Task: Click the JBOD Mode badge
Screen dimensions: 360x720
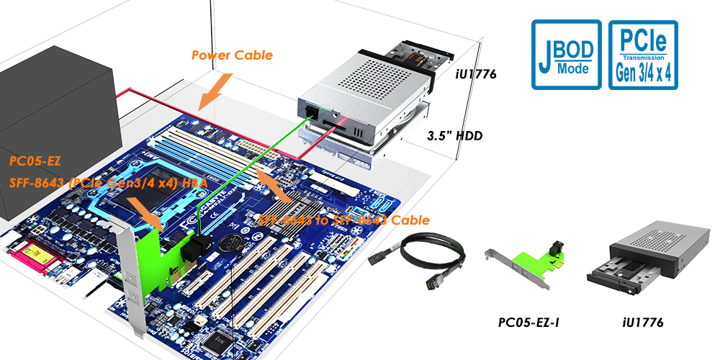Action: [x=566, y=55]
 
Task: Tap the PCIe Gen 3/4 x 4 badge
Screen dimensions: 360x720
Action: [x=643, y=55]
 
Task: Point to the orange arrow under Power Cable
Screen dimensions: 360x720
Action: [x=214, y=89]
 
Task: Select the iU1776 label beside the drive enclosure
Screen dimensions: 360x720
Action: [x=477, y=73]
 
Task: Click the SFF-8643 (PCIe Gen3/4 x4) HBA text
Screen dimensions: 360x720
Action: [x=108, y=184]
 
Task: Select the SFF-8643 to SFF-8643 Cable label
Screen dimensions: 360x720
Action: [x=344, y=220]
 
